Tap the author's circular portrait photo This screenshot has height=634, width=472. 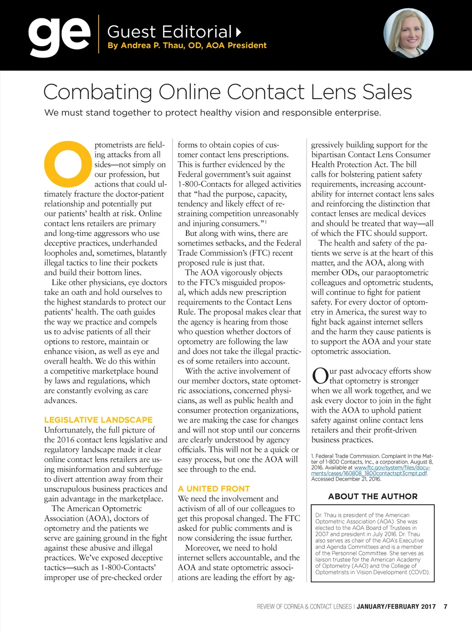click(408, 33)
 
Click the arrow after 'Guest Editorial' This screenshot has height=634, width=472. click(238, 32)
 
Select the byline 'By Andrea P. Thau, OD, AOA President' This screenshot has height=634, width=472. click(187, 46)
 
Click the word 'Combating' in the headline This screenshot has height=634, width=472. click(97, 92)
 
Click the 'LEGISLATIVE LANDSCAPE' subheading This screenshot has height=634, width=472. click(98, 420)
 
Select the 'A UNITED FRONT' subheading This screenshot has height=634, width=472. click(214, 489)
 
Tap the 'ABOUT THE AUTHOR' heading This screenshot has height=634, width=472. click(373, 496)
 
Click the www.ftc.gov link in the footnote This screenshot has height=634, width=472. click(392, 468)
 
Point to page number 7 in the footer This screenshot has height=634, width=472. click(445, 606)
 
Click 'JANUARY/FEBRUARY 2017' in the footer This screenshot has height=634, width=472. click(396, 606)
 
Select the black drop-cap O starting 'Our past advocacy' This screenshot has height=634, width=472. click(320, 376)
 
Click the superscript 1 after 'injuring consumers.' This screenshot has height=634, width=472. click(266, 222)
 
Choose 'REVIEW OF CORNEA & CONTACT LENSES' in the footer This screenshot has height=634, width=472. click(304, 606)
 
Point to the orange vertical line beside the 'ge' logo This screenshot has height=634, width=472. click(99, 34)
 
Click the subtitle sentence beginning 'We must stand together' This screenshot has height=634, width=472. click(212, 113)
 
